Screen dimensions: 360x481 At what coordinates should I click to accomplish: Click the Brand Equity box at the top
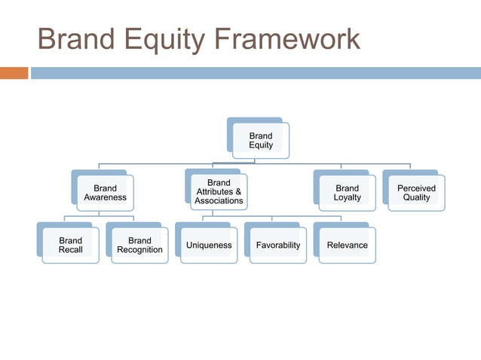(261, 141)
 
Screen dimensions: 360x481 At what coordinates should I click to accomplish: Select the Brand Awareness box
(105, 193)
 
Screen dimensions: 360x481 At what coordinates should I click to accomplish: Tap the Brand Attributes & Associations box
(219, 192)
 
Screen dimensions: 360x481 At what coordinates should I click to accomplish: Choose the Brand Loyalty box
(347, 193)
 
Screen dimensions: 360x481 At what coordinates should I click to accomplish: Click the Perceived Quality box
(416, 193)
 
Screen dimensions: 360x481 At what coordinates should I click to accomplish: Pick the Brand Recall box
(70, 246)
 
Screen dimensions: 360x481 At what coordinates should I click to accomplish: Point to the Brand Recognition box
(139, 246)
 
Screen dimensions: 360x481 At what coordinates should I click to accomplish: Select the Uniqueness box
(209, 246)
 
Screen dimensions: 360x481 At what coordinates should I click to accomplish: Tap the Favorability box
(277, 246)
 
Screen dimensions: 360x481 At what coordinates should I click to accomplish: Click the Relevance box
(347, 246)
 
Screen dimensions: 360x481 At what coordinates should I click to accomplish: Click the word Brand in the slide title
(75, 40)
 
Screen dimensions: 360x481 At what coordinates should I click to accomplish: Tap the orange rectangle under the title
(14, 73)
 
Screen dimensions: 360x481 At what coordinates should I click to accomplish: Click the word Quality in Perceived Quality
(416, 198)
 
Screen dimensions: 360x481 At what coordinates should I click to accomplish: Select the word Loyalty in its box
(347, 198)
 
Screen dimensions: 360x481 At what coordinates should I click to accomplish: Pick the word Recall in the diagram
(70, 250)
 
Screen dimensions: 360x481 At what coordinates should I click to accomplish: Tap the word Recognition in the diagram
(139, 250)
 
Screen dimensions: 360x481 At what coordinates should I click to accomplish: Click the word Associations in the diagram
(219, 201)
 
